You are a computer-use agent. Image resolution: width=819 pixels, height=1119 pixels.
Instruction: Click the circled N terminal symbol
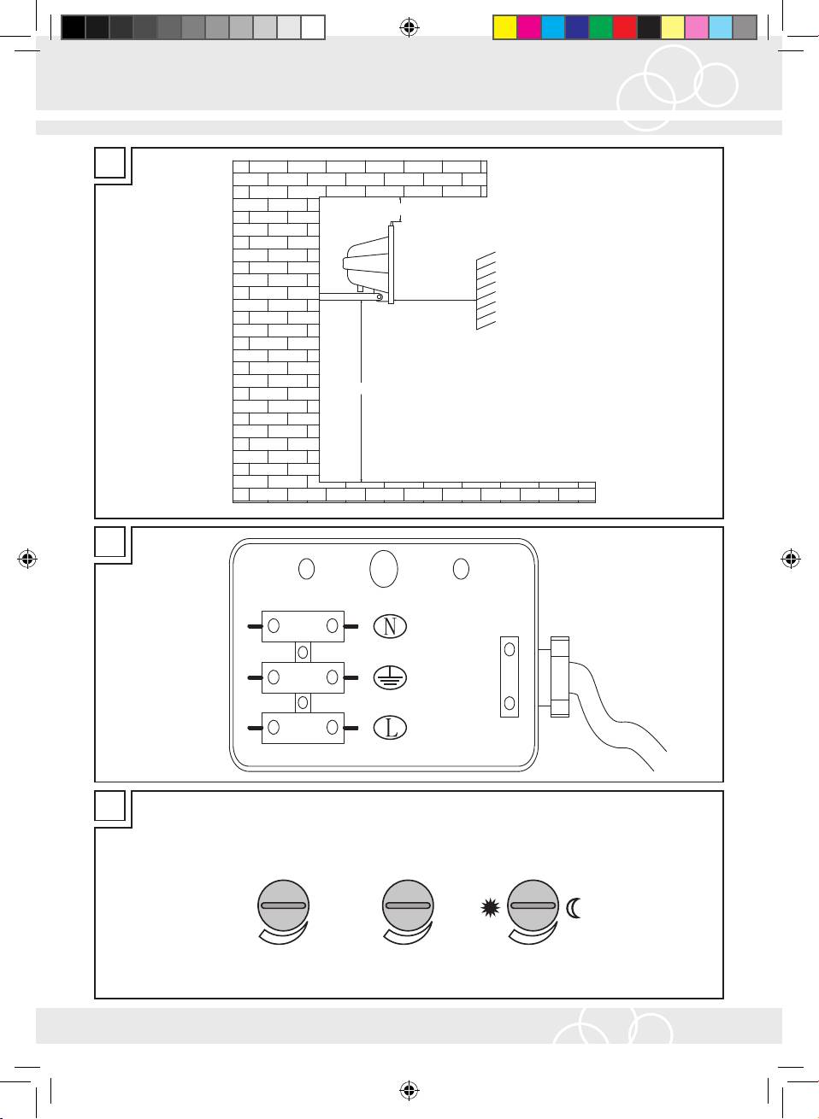(x=390, y=626)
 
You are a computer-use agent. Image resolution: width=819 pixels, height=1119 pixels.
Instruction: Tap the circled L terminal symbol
(x=390, y=728)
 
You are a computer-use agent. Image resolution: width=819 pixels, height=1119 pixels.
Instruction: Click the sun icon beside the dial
(x=490, y=908)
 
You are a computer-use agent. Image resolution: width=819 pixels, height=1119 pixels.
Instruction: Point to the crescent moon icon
(x=573, y=908)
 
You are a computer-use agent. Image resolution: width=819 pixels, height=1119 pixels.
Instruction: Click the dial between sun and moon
(x=533, y=905)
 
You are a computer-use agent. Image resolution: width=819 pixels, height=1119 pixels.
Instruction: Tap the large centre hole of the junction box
(x=384, y=569)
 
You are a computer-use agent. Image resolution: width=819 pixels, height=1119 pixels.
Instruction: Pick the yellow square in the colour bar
(x=504, y=27)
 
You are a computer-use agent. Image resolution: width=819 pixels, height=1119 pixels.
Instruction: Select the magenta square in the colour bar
(x=529, y=27)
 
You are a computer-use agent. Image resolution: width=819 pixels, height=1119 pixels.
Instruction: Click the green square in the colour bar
(x=601, y=27)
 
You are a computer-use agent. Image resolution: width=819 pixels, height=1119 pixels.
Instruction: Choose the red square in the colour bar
(x=625, y=27)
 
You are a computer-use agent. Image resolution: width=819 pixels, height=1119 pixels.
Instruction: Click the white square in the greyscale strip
(x=313, y=27)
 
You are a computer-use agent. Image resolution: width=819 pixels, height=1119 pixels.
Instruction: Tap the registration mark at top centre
(x=409, y=27)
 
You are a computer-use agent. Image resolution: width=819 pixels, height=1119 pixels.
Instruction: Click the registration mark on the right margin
(x=791, y=559)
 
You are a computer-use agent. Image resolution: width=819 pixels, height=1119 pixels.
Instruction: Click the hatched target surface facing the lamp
(x=486, y=290)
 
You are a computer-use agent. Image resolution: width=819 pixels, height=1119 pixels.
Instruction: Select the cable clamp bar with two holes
(x=510, y=677)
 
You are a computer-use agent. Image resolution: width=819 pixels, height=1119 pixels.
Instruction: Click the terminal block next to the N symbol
(x=303, y=626)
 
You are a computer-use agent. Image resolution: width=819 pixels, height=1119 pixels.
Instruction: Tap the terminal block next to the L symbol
(x=303, y=728)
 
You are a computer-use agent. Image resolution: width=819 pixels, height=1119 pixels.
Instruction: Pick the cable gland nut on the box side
(x=559, y=677)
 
